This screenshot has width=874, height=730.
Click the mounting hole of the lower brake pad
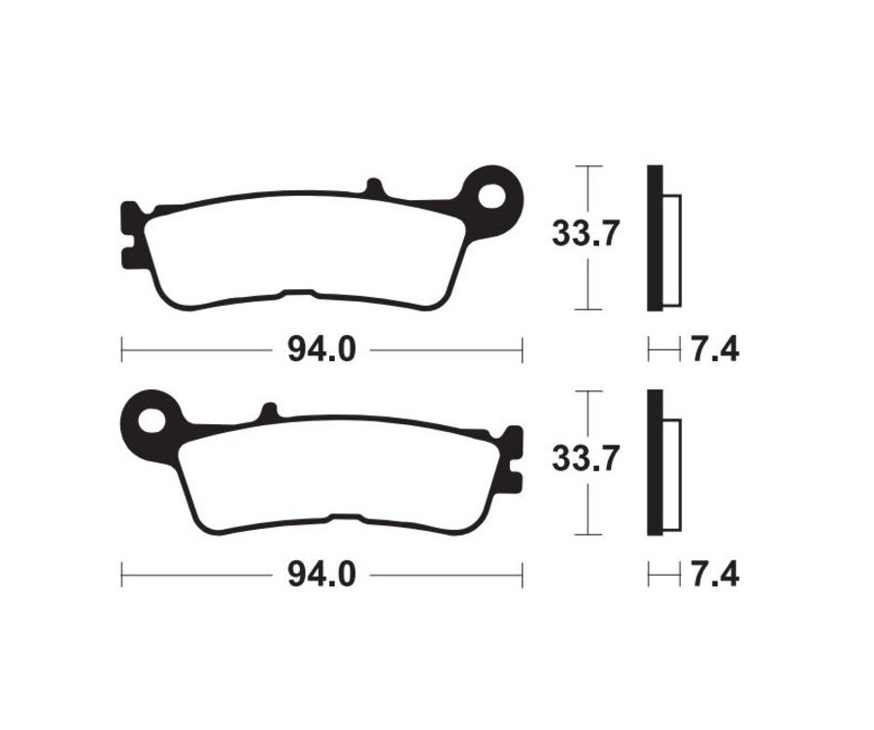point(151,421)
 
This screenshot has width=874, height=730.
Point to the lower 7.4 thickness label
point(714,575)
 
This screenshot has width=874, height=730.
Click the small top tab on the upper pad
point(376,186)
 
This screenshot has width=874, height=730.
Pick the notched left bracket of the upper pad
point(128,233)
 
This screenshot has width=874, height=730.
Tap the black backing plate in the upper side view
point(655,238)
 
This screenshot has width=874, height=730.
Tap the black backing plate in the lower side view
point(655,462)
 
